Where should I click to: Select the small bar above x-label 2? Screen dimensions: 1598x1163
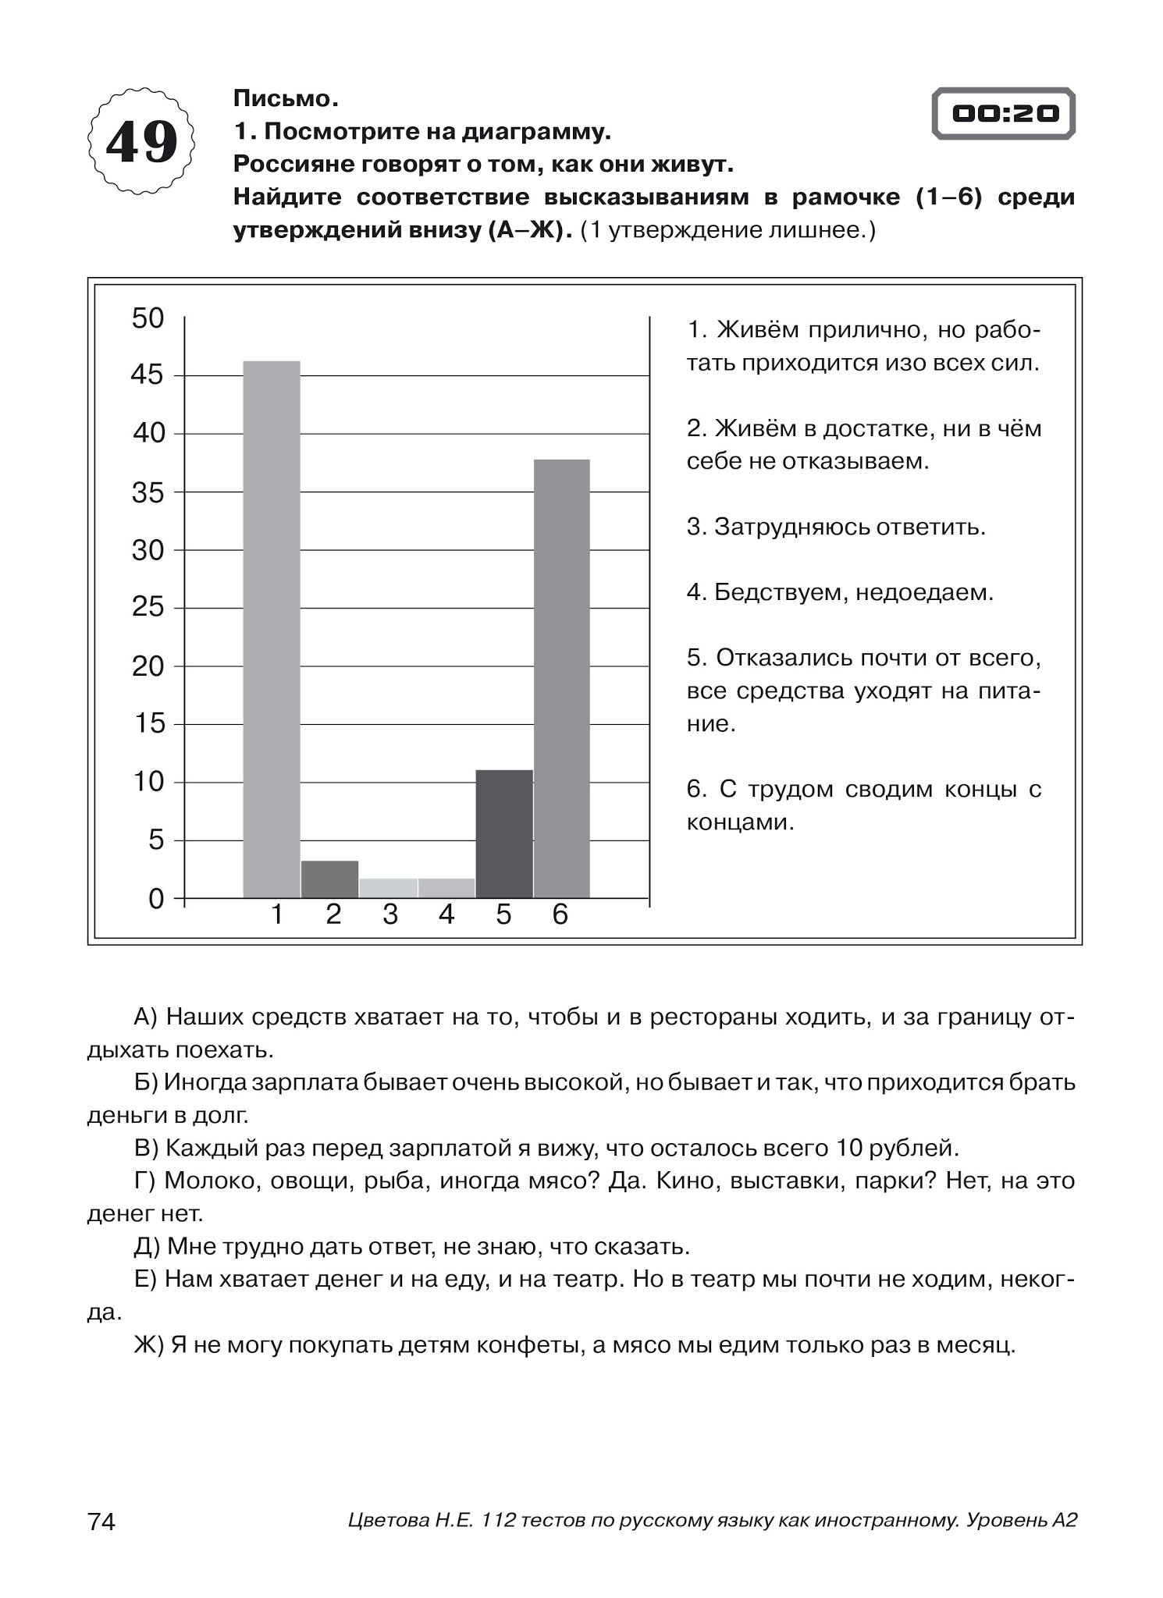tap(329, 879)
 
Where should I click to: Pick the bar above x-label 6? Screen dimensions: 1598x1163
tap(561, 678)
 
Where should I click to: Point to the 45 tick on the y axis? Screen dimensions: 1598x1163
tap(148, 375)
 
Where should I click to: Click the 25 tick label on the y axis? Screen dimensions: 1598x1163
tap(148, 607)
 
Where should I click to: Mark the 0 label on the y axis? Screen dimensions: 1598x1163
tap(156, 899)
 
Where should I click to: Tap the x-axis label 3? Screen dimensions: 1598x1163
tap(390, 915)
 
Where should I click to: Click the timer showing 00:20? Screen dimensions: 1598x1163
tap(1004, 114)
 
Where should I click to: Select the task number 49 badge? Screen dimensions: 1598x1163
tap(141, 143)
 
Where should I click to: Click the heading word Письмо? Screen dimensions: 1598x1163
tap(286, 99)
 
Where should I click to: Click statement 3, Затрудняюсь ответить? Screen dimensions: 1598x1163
tap(836, 527)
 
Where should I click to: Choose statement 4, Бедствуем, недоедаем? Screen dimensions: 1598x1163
tap(840, 592)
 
